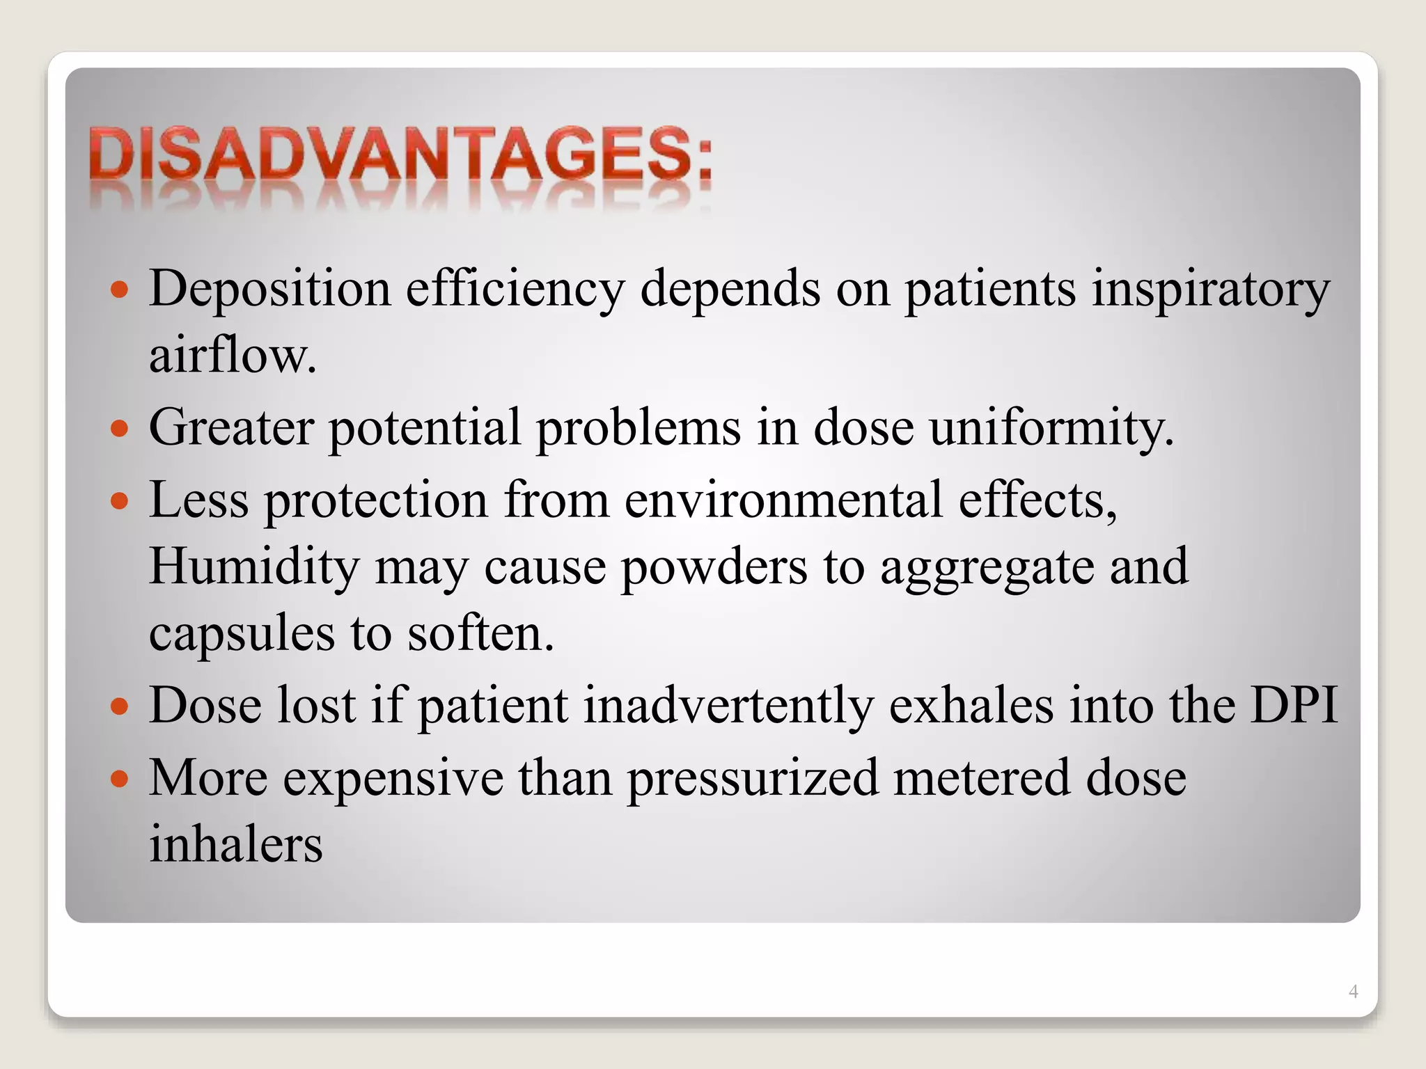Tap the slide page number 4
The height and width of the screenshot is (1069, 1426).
pos(1353,992)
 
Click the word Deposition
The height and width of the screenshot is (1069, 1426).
pos(270,289)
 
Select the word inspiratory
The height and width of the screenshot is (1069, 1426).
pos(1211,289)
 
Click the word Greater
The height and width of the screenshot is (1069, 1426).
pos(230,427)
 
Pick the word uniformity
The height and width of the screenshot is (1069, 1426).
pos(1051,428)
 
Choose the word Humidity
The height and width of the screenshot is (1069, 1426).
pos(254,566)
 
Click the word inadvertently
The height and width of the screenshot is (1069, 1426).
pos(728,705)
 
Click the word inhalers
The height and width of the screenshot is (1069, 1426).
pos(236,844)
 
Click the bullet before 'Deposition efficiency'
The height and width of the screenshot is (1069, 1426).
pos(120,290)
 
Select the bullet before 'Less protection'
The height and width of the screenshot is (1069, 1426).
pos(120,500)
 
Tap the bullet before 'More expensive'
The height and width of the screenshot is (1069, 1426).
pos(120,778)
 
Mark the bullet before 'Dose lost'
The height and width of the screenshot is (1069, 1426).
pos(120,706)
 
